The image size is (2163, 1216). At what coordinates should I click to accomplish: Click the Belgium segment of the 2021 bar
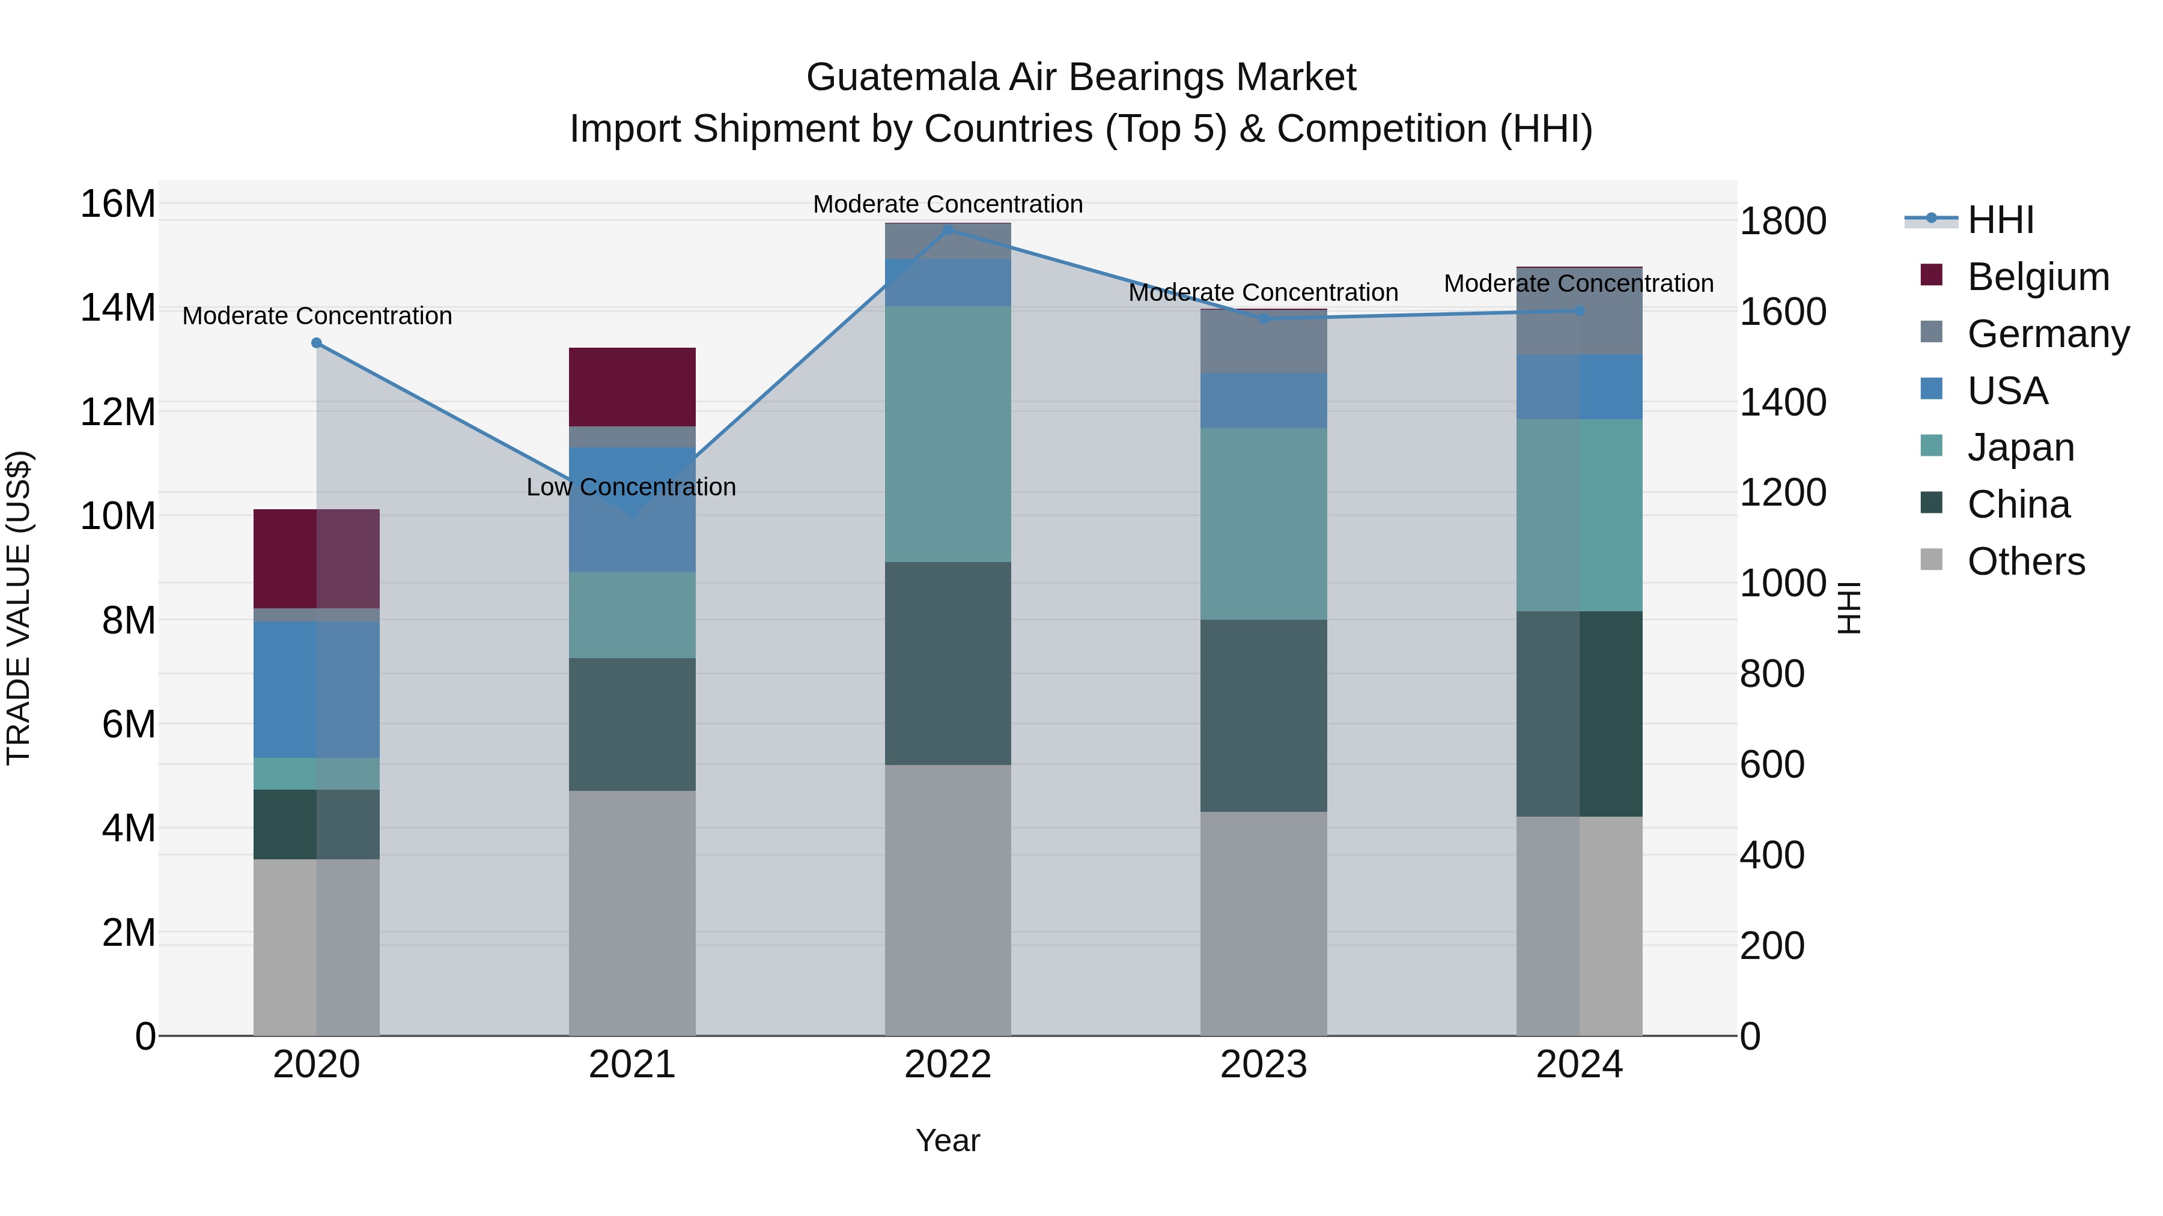click(x=631, y=387)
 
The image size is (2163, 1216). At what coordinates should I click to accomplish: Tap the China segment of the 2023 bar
click(x=1263, y=715)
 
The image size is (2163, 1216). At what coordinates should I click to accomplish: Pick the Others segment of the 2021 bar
click(x=631, y=912)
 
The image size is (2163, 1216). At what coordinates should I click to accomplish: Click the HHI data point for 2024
click(x=1580, y=310)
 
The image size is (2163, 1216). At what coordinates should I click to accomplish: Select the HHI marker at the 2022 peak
click(x=948, y=230)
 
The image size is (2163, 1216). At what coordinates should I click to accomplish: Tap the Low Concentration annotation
click(x=631, y=487)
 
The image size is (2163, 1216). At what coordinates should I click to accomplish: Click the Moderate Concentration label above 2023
click(x=1263, y=293)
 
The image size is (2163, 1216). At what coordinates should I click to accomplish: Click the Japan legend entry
click(x=2020, y=447)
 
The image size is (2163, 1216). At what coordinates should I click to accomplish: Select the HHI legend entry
click(x=2000, y=220)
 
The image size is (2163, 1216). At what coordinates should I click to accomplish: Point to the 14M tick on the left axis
click(x=118, y=308)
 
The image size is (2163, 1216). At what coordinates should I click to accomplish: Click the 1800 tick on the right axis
click(x=1782, y=222)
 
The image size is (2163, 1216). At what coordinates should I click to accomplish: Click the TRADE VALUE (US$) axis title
click(x=19, y=608)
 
